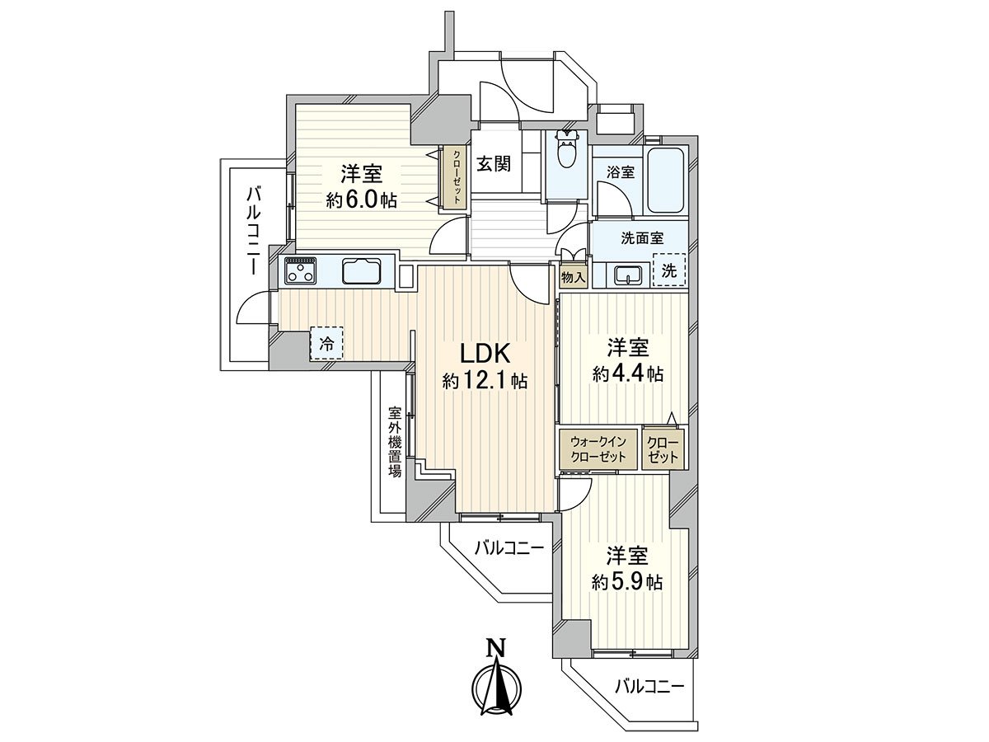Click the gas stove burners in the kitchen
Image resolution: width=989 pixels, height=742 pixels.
[302, 270]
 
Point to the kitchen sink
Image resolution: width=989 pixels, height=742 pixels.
[361, 270]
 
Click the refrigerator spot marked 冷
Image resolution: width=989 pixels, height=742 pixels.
[327, 345]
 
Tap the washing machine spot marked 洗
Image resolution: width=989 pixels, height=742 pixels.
[669, 270]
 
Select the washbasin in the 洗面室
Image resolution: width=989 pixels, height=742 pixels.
[627, 274]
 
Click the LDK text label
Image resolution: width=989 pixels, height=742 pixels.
[486, 355]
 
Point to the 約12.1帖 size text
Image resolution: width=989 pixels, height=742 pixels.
[485, 381]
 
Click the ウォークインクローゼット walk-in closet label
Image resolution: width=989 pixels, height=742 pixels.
[598, 449]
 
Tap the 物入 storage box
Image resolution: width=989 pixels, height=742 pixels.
[573, 278]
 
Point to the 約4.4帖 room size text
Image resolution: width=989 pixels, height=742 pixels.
[627, 373]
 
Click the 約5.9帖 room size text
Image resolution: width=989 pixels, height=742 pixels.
[627, 581]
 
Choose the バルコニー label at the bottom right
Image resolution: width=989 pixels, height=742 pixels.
[649, 685]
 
